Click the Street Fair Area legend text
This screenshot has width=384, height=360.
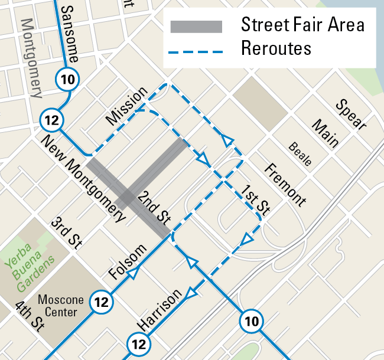pos(302,25)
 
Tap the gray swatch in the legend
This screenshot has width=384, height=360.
pos(196,27)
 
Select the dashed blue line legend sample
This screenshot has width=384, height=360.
pos(196,52)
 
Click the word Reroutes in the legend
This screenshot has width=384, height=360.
pos(276,48)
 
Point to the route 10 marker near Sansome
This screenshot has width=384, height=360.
pos(67,78)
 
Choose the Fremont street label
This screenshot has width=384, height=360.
pos(285,184)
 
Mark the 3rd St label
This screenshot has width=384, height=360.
pos(66,231)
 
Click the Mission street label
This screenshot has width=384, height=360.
pos(126,106)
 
